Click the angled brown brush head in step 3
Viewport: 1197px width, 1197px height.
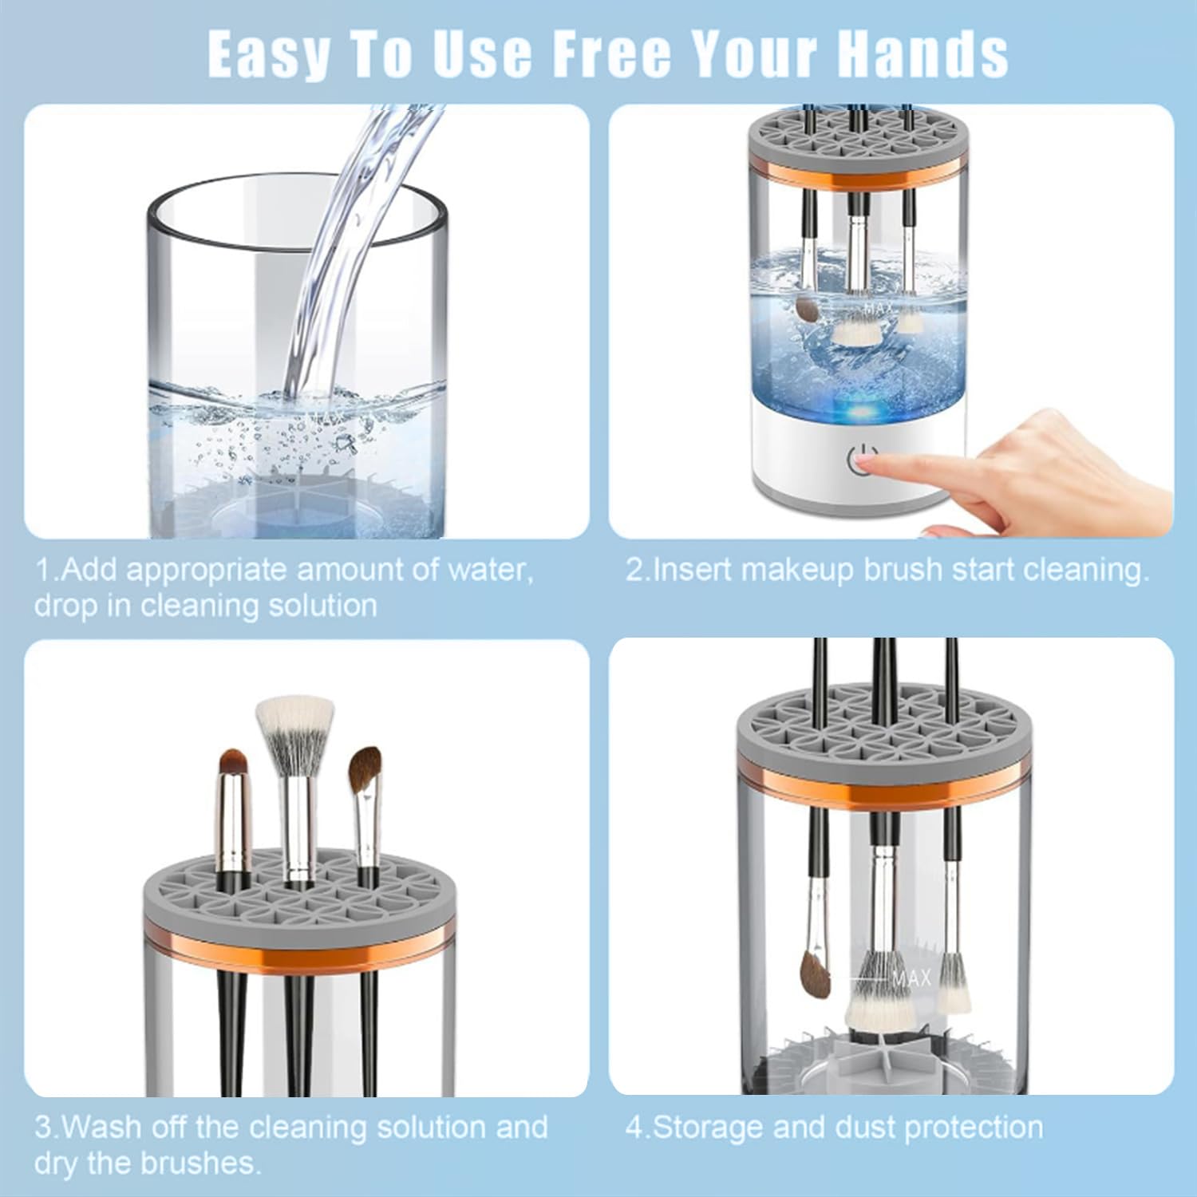pyautogui.click(x=364, y=768)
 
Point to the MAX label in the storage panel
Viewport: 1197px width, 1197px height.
pyautogui.click(x=911, y=978)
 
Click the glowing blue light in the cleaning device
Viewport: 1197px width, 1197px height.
pyautogui.click(x=862, y=413)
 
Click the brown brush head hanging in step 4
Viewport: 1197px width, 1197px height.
pyautogui.click(x=815, y=976)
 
